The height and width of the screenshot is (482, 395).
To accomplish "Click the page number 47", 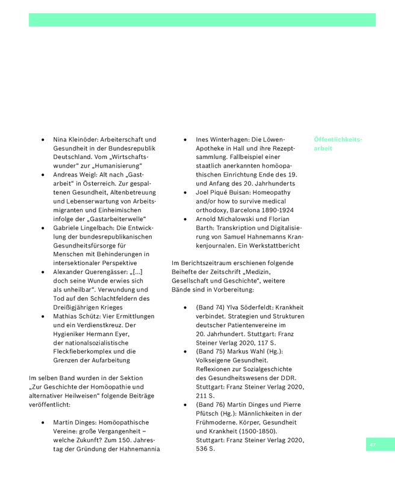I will coord(373,444).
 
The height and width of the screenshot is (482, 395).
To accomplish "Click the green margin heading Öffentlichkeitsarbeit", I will coord(338,143).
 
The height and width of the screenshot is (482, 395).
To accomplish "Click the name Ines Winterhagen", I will coord(222,139).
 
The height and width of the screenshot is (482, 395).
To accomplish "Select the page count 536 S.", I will coord(205,448).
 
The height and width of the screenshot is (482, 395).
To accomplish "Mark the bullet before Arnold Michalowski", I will coord(185,219).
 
